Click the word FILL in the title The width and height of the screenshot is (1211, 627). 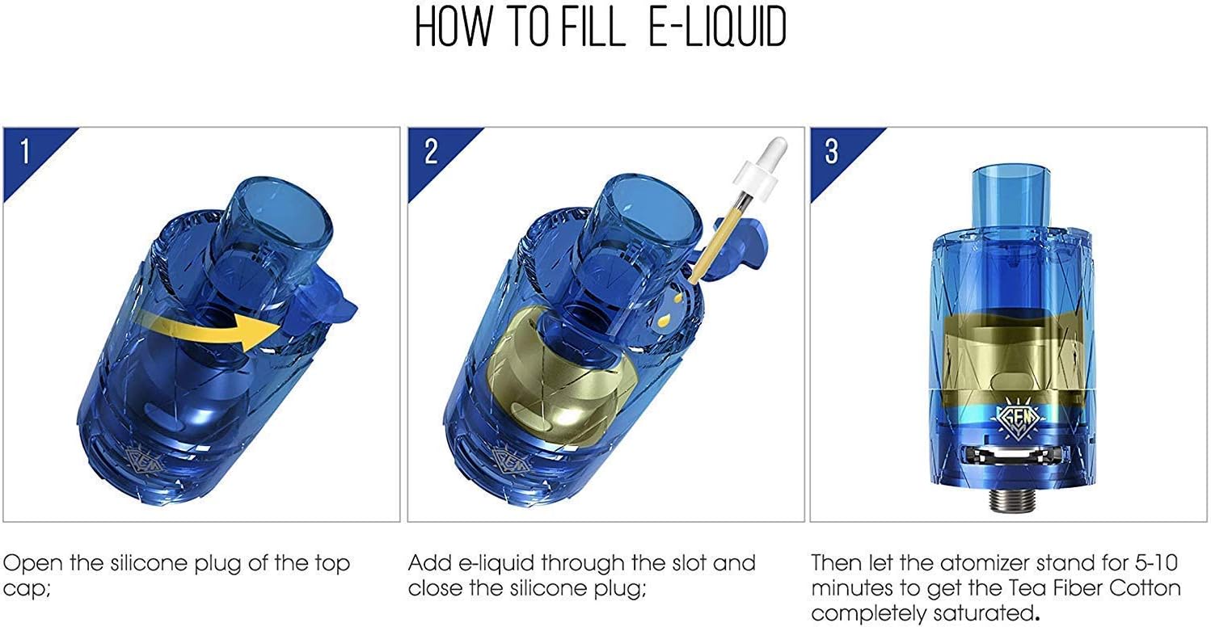click(593, 27)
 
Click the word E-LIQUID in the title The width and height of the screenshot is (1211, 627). click(717, 27)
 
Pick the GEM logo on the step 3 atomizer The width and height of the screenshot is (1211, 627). click(1018, 419)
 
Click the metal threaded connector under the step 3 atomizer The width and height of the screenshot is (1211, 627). click(1012, 500)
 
